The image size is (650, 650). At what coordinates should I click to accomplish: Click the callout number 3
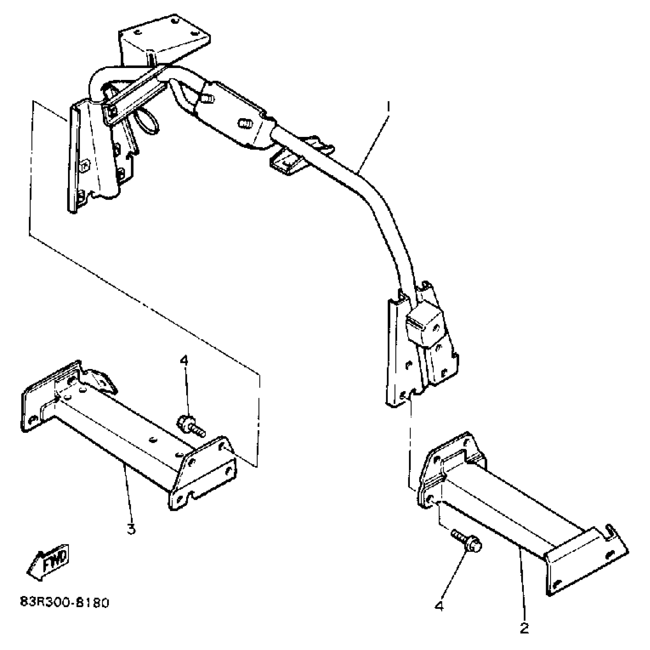pyautogui.click(x=131, y=529)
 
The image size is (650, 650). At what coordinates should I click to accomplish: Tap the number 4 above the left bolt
pyautogui.click(x=184, y=360)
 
